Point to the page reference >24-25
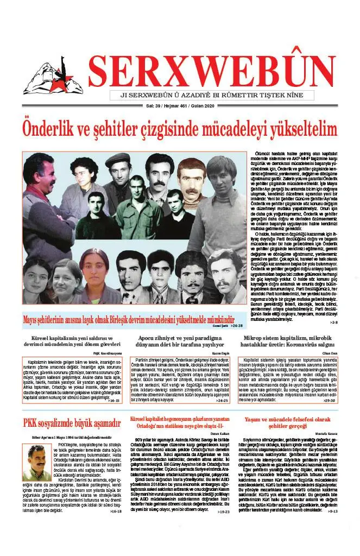tap(222, 401)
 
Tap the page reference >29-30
tap(329, 401)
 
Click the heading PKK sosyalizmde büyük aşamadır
tap(72, 424)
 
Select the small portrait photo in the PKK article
tap(37, 462)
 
